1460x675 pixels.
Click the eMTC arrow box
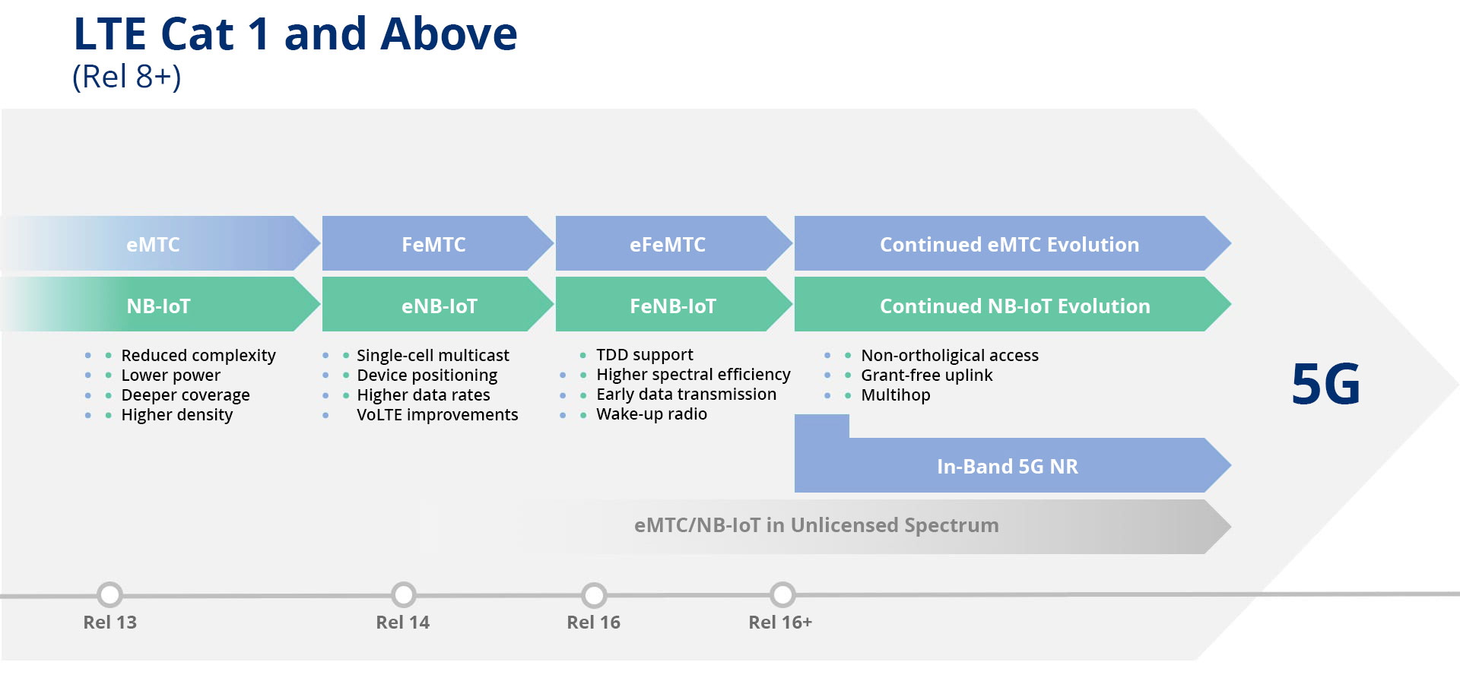click(x=154, y=244)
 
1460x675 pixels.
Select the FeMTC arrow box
click(x=433, y=244)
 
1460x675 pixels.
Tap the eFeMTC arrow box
click(x=667, y=244)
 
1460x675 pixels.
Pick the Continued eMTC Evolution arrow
click(x=1009, y=244)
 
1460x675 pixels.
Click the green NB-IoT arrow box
click(x=158, y=306)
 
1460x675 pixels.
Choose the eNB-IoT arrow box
click(x=439, y=306)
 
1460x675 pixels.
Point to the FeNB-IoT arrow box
click(x=672, y=306)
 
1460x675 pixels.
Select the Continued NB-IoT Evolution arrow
click(x=1014, y=306)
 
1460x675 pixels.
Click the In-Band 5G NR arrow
click(x=1007, y=466)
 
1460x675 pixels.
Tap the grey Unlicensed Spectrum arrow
click(x=816, y=525)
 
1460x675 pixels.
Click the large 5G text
click(x=1325, y=385)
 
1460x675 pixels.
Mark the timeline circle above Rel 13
click(x=110, y=594)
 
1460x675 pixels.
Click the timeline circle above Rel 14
click(x=403, y=594)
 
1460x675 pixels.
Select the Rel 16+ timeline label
click(x=780, y=623)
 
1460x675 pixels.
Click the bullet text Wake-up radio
click(x=651, y=414)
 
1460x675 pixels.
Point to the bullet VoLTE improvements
click(x=437, y=415)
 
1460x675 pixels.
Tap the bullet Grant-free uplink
click(x=926, y=376)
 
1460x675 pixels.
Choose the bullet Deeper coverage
click(x=186, y=395)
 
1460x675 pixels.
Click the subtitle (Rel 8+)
click(x=127, y=77)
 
